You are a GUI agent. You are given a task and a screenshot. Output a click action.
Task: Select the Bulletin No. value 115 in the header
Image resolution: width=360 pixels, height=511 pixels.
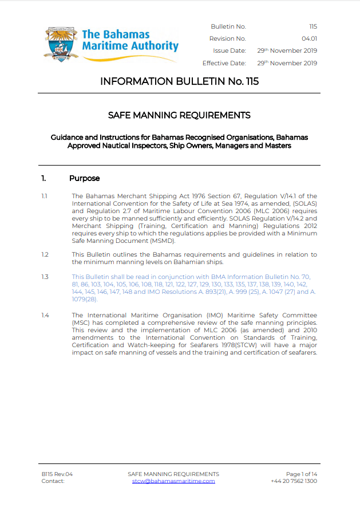tap(312, 27)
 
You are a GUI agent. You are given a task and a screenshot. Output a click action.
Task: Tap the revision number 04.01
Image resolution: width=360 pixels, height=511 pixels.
tap(310, 39)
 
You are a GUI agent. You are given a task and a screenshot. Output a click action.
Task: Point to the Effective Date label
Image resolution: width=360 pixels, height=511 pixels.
tap(224, 63)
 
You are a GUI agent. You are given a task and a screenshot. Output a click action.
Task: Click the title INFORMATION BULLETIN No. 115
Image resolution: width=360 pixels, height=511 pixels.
tap(179, 81)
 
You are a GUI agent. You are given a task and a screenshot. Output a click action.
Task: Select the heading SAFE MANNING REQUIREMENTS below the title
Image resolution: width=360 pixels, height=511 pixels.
tap(179, 115)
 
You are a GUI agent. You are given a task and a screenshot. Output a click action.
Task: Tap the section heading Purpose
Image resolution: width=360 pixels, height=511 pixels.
tap(84, 178)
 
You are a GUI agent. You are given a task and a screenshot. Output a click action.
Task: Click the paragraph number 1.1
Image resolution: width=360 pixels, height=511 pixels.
tap(44, 196)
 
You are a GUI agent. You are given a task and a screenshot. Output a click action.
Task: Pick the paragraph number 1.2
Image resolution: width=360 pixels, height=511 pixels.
tap(45, 254)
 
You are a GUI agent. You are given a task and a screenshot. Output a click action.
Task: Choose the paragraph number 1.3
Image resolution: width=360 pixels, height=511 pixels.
tap(45, 277)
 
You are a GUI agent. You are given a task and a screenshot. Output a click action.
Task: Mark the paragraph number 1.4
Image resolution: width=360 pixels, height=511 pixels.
tap(45, 315)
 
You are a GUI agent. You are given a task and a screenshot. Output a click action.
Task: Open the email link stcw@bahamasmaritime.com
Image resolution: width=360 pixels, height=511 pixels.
tap(173, 481)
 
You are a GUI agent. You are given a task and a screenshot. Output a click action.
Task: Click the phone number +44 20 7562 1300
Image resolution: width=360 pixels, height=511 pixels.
tap(294, 481)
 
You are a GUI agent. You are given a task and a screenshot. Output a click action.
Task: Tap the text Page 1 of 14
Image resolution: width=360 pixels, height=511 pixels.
tap(302, 474)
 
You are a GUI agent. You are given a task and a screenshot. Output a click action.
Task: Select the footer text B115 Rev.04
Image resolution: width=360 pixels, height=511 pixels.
tap(57, 474)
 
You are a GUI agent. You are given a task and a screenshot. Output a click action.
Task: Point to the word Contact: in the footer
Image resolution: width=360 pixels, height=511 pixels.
tap(53, 481)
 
